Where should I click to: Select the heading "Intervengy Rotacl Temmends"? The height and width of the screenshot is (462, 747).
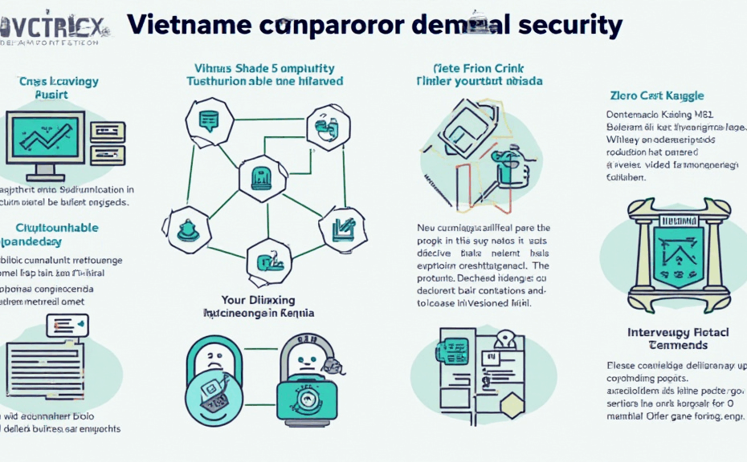tap(667, 338)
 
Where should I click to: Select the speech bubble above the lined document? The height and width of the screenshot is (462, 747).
tap(67, 325)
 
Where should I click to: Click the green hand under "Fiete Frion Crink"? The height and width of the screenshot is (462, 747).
tap(508, 169)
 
